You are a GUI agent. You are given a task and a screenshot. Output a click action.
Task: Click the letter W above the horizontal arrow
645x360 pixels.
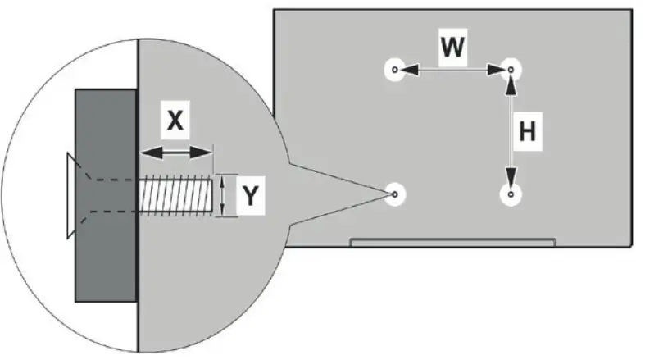(452, 48)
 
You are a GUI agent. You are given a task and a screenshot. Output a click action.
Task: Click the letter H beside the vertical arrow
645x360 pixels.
(529, 131)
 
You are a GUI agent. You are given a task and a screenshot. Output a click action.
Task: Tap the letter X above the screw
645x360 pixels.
(175, 121)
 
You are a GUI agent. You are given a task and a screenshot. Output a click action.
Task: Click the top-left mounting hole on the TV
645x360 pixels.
(395, 71)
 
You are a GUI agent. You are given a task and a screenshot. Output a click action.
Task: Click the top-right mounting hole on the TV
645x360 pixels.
(511, 71)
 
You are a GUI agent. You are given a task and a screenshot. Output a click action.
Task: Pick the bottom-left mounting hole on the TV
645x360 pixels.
(395, 194)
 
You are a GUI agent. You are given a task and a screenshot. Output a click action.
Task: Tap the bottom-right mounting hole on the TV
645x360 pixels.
(511, 194)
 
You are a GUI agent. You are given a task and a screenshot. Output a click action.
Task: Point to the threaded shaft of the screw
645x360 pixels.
(177, 195)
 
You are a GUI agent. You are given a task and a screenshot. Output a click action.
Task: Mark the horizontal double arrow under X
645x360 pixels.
(175, 152)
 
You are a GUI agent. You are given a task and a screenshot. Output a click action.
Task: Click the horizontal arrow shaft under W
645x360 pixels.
(452, 71)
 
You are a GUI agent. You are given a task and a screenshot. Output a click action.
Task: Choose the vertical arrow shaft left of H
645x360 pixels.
(511, 131)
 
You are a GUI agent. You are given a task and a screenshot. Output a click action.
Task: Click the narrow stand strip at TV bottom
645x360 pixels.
(452, 242)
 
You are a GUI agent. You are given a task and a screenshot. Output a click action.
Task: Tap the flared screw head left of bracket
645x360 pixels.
(69, 195)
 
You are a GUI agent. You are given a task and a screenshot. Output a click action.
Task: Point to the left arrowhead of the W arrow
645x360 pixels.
(407, 71)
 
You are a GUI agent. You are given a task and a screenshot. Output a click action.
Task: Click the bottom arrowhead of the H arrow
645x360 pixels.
(511, 182)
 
